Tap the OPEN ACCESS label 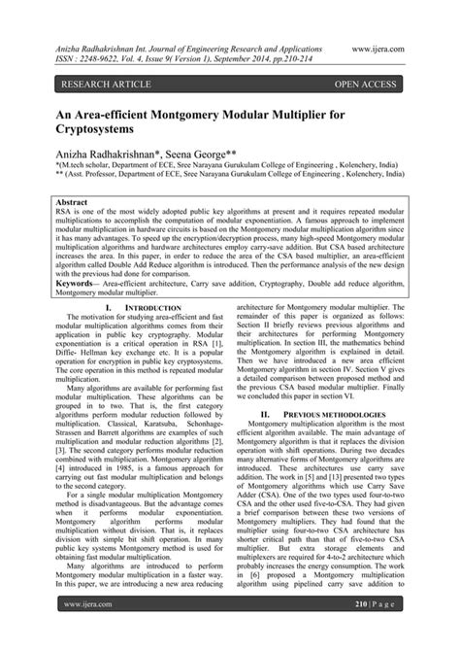coord(365,84)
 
